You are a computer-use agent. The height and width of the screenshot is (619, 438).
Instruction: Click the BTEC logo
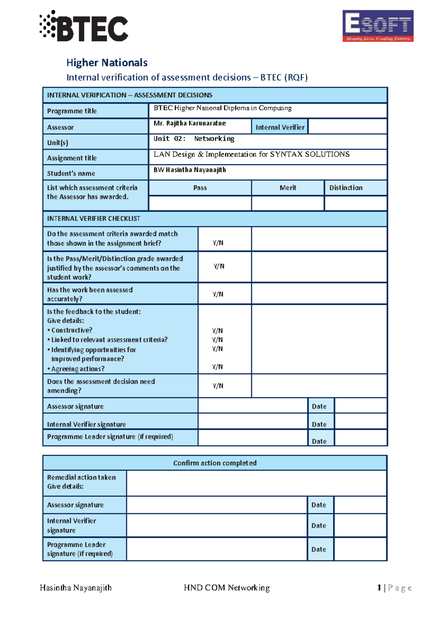coord(84,26)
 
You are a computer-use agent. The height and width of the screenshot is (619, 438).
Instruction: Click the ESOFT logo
coord(378,26)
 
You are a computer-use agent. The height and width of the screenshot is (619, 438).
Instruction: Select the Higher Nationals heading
coord(107,63)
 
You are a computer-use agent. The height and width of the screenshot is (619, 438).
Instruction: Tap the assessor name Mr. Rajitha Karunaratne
coord(189,123)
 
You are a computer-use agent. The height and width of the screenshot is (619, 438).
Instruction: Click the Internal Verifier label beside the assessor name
coord(280,127)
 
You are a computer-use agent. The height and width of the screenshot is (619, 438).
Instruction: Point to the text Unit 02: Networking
coord(194,139)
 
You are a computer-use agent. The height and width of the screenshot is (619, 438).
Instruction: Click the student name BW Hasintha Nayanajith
coord(189,170)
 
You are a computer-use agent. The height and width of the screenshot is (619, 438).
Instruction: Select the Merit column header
coord(288,188)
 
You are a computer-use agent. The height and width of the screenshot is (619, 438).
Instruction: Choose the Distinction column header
coord(346,188)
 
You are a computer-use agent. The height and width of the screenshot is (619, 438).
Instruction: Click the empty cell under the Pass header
coord(200,203)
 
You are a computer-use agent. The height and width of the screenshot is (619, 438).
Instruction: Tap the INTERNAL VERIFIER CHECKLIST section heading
coord(93,219)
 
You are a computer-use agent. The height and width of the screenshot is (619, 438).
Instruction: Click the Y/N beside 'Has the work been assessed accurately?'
coord(218,294)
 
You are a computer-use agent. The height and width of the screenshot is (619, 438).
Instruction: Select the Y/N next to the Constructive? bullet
coord(217,331)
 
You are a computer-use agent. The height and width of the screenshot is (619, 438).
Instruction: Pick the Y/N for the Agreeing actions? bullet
coord(217,367)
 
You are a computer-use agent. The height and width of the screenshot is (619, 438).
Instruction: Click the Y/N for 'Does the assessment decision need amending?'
coord(218,386)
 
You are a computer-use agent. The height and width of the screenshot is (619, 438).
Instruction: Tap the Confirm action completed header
coord(215,463)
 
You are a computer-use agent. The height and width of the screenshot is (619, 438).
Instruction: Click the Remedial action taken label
coord(81,477)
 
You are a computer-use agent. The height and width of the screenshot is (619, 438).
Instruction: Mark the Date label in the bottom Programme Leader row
coord(319,549)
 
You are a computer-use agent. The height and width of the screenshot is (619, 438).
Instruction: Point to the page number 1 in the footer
coord(379,588)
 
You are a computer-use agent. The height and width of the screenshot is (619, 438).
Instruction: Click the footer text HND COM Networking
coord(227,588)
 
